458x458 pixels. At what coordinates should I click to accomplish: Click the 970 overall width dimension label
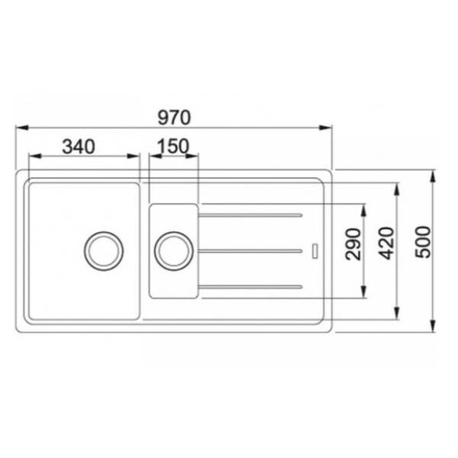(x=174, y=117)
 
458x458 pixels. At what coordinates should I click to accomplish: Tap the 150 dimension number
(x=174, y=146)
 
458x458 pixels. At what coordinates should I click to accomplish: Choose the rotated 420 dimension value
(x=386, y=244)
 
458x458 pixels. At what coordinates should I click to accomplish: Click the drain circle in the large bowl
(x=102, y=249)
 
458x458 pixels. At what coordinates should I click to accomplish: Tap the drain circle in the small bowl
(x=173, y=249)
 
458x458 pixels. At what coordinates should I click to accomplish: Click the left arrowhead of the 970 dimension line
(x=21, y=128)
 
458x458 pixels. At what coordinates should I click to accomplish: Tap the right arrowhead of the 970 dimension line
(x=325, y=128)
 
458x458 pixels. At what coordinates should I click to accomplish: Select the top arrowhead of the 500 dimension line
(x=433, y=175)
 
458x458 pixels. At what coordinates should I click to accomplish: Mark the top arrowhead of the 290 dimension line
(x=362, y=208)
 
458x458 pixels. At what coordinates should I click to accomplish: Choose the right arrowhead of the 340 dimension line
(x=135, y=156)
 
